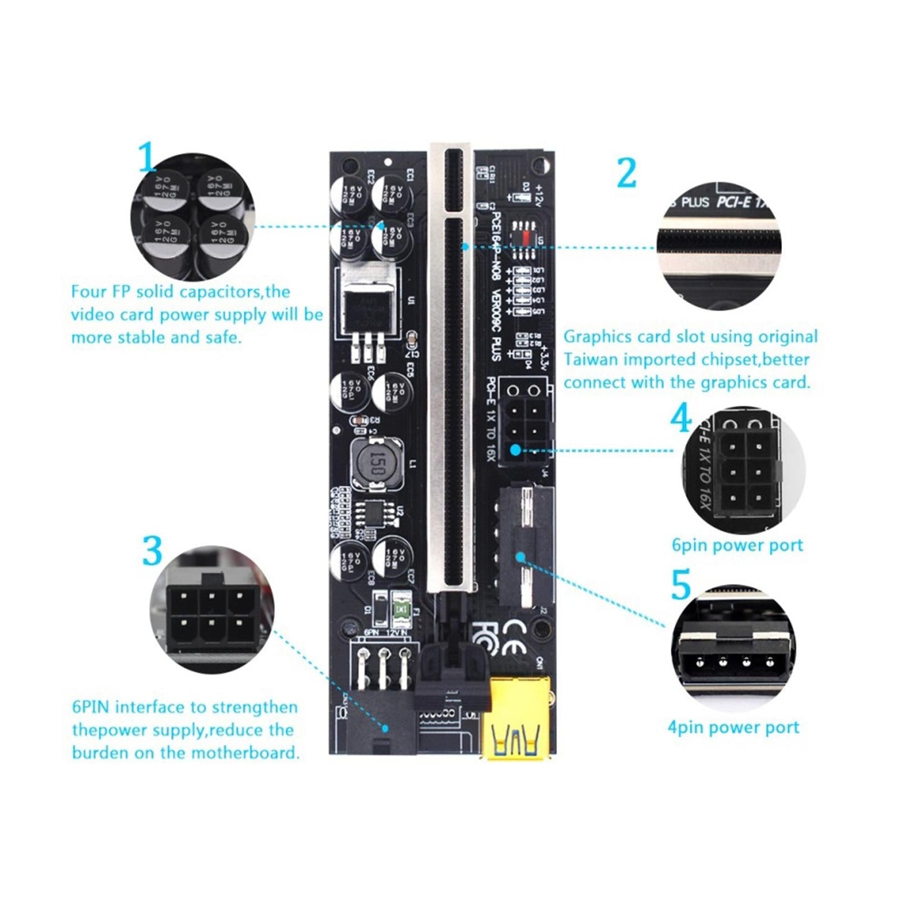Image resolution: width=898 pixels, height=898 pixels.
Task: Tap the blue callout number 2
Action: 626,172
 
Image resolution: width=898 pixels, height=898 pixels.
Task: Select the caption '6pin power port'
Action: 737,546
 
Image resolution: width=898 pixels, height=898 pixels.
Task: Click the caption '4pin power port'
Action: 733,727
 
